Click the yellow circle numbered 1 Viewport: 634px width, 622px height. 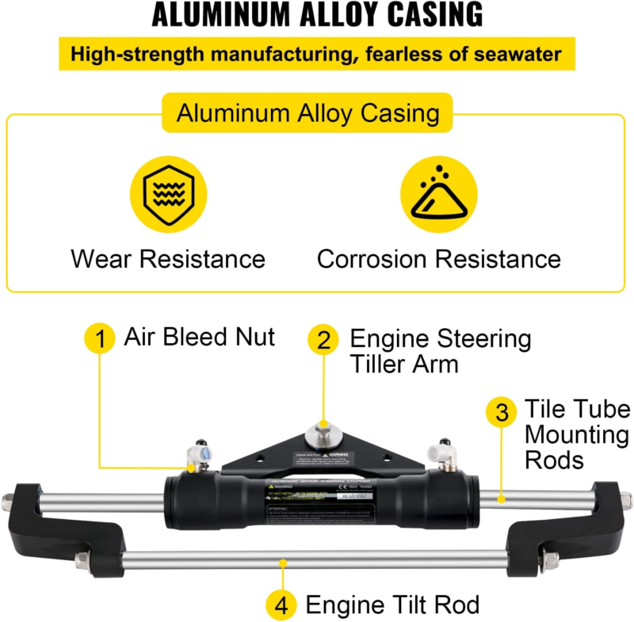101,340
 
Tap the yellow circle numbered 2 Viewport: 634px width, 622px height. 323,340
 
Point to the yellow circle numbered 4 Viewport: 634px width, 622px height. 283,606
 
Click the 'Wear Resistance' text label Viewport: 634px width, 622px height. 167,258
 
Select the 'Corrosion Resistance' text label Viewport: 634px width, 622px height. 438,258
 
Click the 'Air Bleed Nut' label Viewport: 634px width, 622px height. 199,337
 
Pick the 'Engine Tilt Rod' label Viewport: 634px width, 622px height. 392,606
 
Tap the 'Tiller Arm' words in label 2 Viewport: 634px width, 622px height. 404,364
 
